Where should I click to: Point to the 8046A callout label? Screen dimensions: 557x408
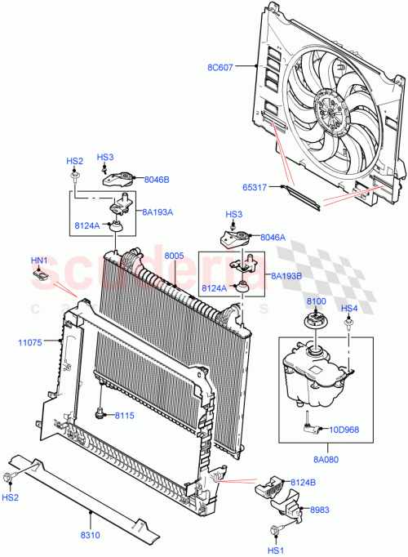[273, 237]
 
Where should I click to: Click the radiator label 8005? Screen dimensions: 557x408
[173, 256]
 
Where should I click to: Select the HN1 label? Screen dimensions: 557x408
[39, 261]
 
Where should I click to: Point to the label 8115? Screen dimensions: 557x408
[123, 416]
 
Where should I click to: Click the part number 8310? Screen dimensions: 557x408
[91, 535]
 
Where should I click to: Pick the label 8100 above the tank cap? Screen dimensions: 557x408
[316, 302]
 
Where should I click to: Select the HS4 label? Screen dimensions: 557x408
[348, 308]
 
